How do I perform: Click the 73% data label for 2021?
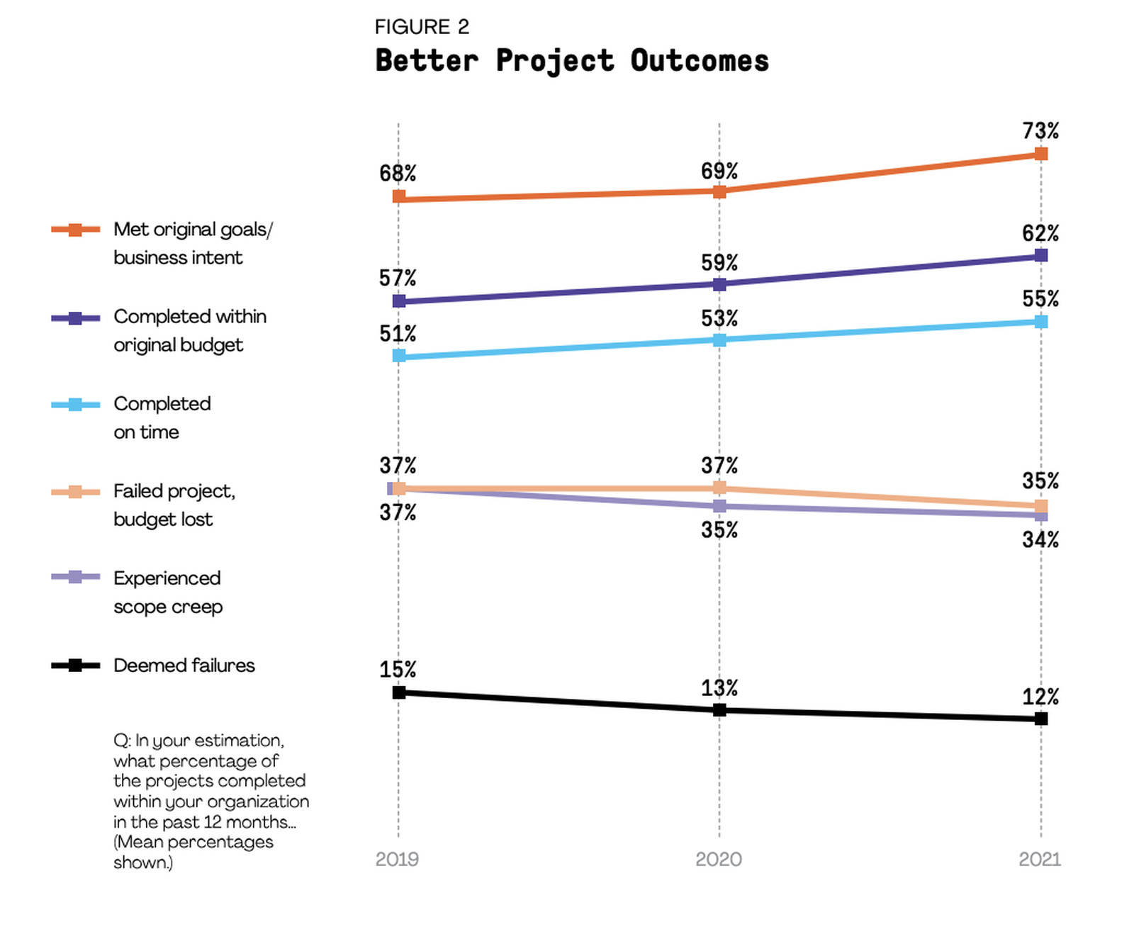click(x=1040, y=131)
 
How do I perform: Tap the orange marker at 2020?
click(x=719, y=191)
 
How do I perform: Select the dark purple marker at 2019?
click(x=399, y=301)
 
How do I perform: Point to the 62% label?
click(x=1040, y=233)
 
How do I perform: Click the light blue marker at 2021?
click(x=1040, y=322)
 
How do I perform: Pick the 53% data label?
click(x=719, y=319)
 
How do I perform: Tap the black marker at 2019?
click(x=399, y=692)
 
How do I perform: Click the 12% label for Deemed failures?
click(x=1040, y=697)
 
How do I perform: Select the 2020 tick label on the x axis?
click(x=719, y=859)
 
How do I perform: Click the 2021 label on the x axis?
click(x=1040, y=859)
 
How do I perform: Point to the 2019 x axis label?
click(x=397, y=859)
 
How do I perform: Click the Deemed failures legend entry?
click(x=184, y=665)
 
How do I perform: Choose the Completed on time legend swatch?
click(x=75, y=405)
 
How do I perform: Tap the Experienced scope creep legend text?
click(x=168, y=592)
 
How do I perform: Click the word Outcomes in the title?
click(x=700, y=61)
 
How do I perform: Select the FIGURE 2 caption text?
click(x=422, y=27)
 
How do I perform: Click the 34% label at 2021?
click(x=1040, y=540)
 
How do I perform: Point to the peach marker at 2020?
click(x=719, y=488)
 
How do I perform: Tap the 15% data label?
click(x=398, y=670)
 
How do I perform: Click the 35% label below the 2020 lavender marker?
click(x=719, y=530)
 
